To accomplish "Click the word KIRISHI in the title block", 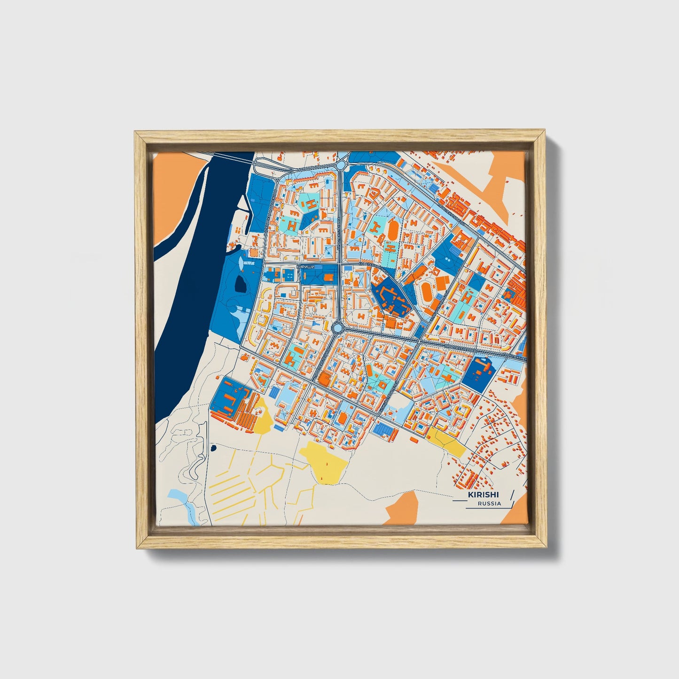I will tap(483, 495).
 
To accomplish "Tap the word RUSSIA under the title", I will tap(489, 503).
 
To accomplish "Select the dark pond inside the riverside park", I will tap(240, 283).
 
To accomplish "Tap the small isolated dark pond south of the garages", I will tap(214, 448).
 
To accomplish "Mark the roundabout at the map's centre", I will tap(337, 327).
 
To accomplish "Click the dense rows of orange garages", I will tap(244, 414).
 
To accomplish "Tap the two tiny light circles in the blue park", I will tap(447, 259).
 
